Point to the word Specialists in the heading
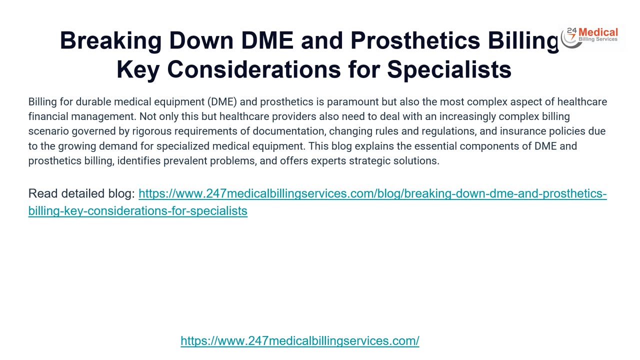[x=449, y=69]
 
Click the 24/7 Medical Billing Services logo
[x=590, y=37]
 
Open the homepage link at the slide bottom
[x=300, y=341]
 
